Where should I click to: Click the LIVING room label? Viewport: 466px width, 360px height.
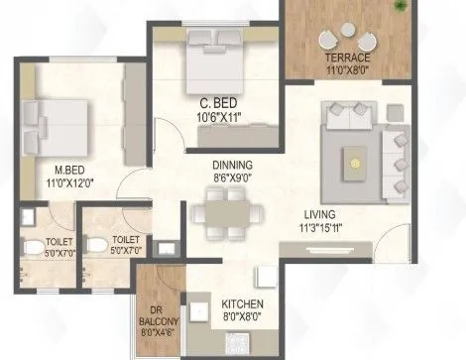[319, 214]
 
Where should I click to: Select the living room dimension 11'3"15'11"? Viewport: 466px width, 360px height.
[319, 227]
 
